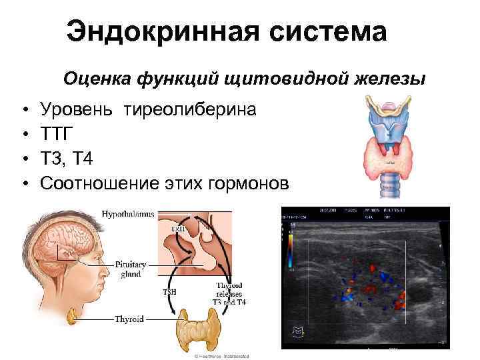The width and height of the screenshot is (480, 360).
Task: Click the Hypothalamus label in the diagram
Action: coord(128,214)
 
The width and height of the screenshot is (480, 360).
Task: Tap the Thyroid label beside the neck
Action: coord(129,319)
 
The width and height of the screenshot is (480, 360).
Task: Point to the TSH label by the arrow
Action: coord(171,291)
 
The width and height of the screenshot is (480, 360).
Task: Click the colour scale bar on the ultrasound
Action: coord(291,257)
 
